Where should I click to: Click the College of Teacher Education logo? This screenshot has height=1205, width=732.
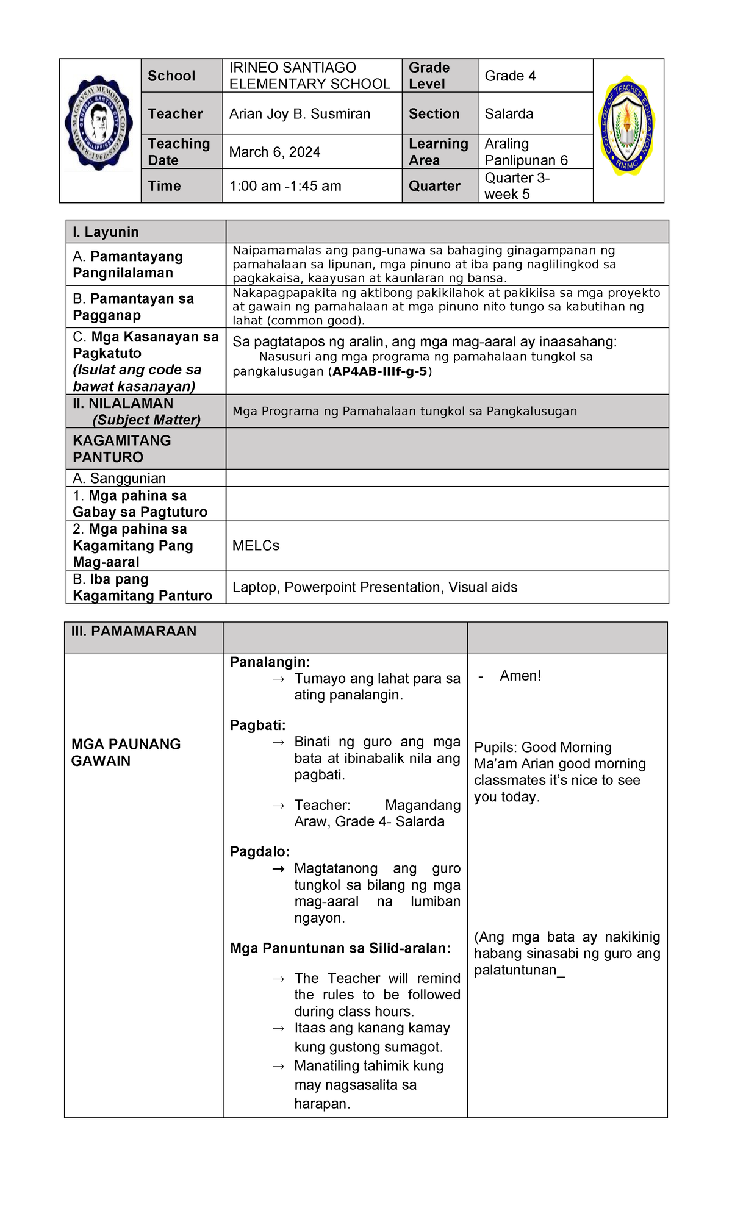(628, 126)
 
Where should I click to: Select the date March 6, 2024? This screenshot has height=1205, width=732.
(274, 152)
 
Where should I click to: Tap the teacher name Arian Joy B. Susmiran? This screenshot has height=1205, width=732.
(300, 114)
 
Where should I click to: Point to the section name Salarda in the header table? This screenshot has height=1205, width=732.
(509, 114)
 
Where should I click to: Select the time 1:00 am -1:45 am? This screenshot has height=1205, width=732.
(285, 186)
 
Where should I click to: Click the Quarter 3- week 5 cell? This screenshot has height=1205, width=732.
(517, 186)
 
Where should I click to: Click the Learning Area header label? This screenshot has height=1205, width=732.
(438, 152)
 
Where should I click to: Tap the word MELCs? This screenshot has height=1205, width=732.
(256, 546)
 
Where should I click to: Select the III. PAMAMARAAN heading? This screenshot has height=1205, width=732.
(134, 631)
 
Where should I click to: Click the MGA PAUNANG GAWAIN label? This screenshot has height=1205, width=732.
(126, 753)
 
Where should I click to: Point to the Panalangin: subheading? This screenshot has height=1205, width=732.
(270, 662)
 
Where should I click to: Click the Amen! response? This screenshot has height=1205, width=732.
(520, 676)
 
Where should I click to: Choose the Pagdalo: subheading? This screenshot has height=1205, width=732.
(259, 852)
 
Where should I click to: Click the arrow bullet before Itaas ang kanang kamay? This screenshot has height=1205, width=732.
(278, 1029)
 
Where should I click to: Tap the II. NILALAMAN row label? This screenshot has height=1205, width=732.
(123, 404)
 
